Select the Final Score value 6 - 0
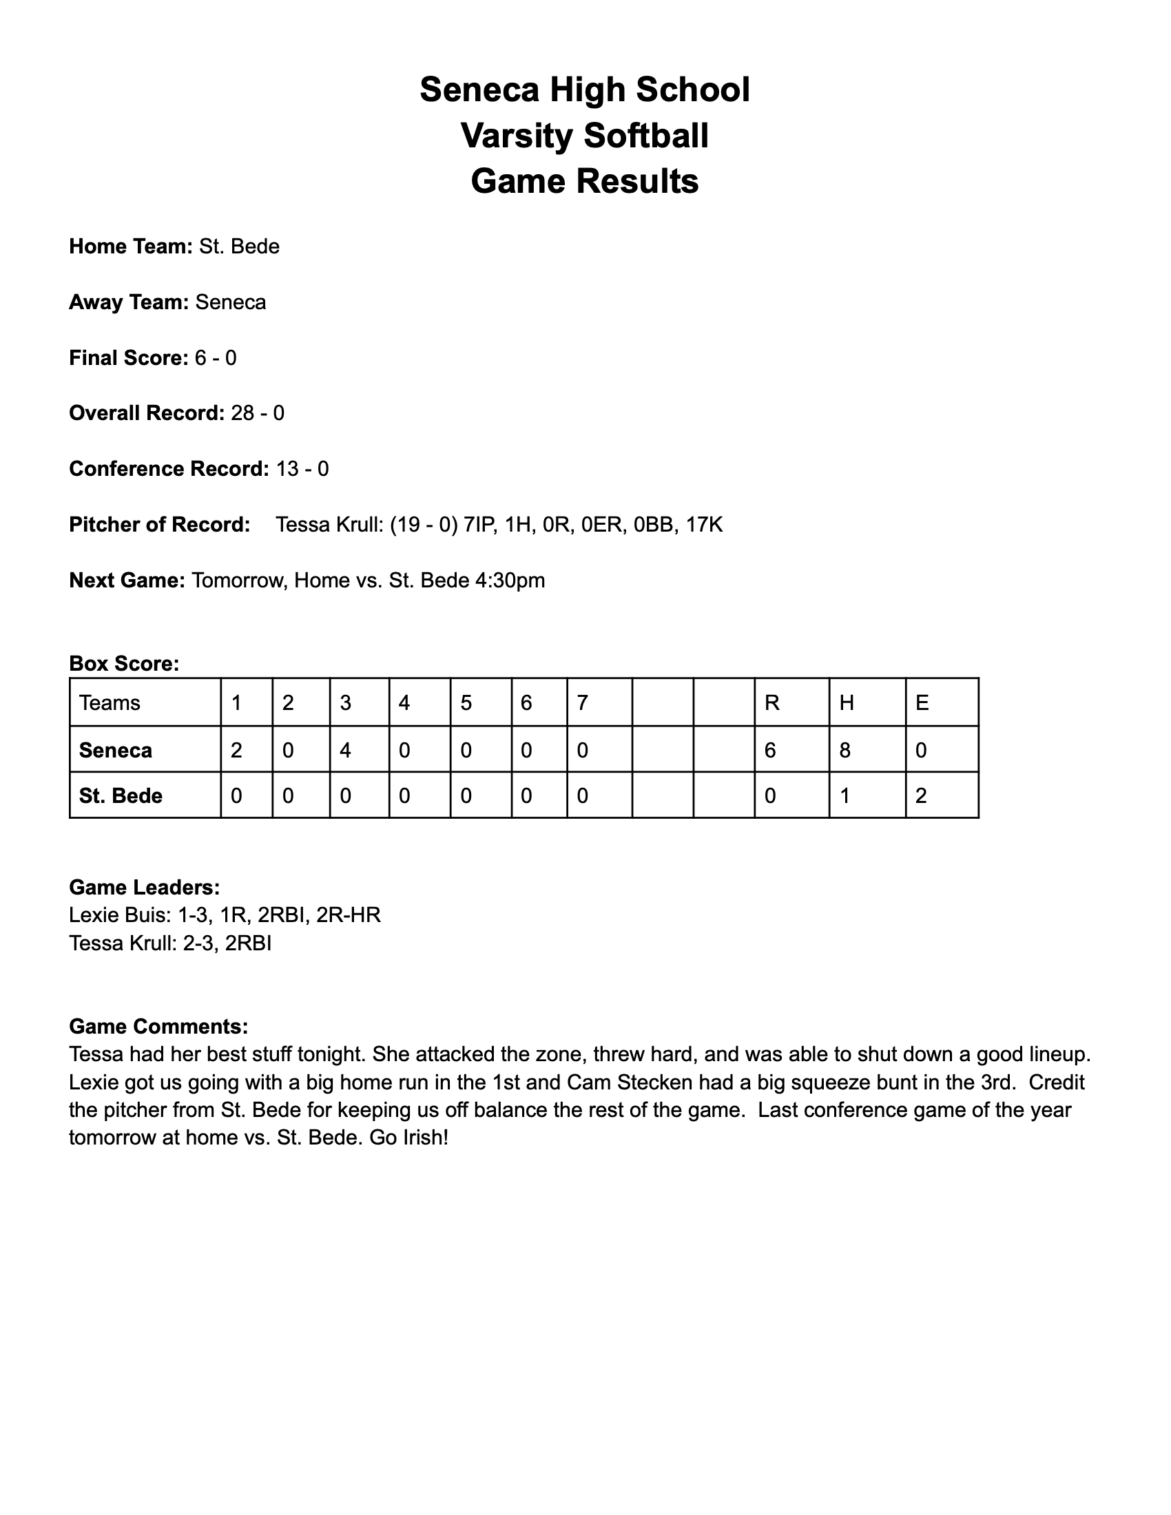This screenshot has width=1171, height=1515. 216,358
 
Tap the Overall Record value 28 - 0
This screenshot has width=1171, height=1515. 258,413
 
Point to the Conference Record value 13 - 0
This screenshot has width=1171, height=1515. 302,469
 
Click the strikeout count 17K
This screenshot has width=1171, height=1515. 704,525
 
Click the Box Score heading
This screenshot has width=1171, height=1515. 124,664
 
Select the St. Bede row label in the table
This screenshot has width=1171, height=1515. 121,795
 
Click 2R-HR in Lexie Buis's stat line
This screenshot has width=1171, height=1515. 349,916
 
